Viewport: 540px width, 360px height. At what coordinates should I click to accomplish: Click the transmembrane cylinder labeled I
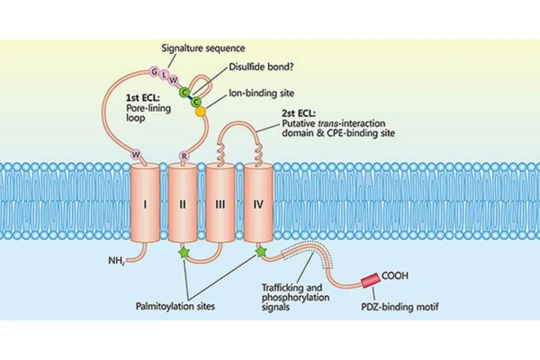point(144,204)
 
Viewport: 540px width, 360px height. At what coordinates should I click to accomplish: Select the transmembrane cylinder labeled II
point(183,204)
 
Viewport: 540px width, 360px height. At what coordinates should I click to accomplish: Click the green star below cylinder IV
point(261,253)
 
